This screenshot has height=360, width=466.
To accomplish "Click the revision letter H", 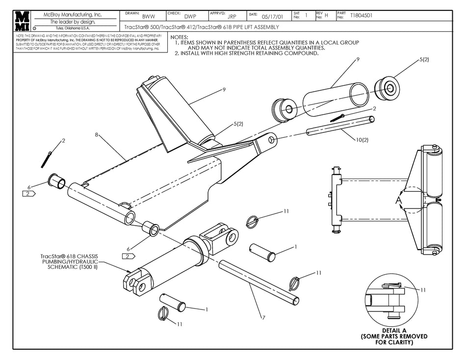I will (326, 16).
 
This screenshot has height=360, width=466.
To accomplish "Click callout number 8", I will (97, 133).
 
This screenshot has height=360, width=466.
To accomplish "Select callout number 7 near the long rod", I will (263, 318).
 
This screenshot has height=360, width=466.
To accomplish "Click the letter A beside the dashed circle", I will (398, 201).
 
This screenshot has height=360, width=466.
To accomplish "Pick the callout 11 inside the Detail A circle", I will (423, 290).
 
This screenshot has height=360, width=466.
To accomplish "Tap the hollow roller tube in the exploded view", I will (335, 101).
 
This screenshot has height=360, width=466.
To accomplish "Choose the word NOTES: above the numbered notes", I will (179, 37).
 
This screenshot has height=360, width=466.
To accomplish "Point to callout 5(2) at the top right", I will (424, 59).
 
